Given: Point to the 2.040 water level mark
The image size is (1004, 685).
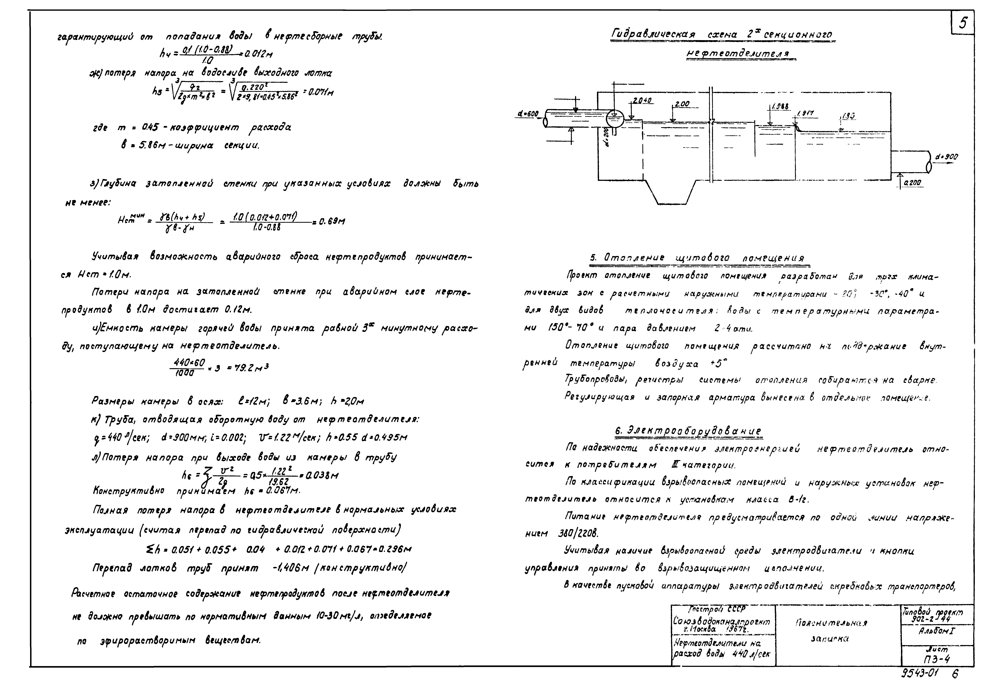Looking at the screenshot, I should (642, 101).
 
